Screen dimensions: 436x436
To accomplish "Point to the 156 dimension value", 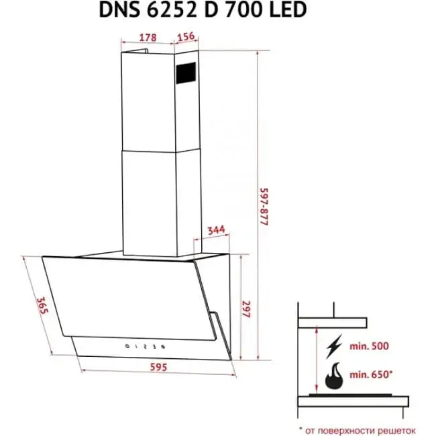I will coord(187,38).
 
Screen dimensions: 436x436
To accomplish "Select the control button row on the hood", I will coord(146,346).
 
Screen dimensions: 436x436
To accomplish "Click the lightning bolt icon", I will coord(333,349).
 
